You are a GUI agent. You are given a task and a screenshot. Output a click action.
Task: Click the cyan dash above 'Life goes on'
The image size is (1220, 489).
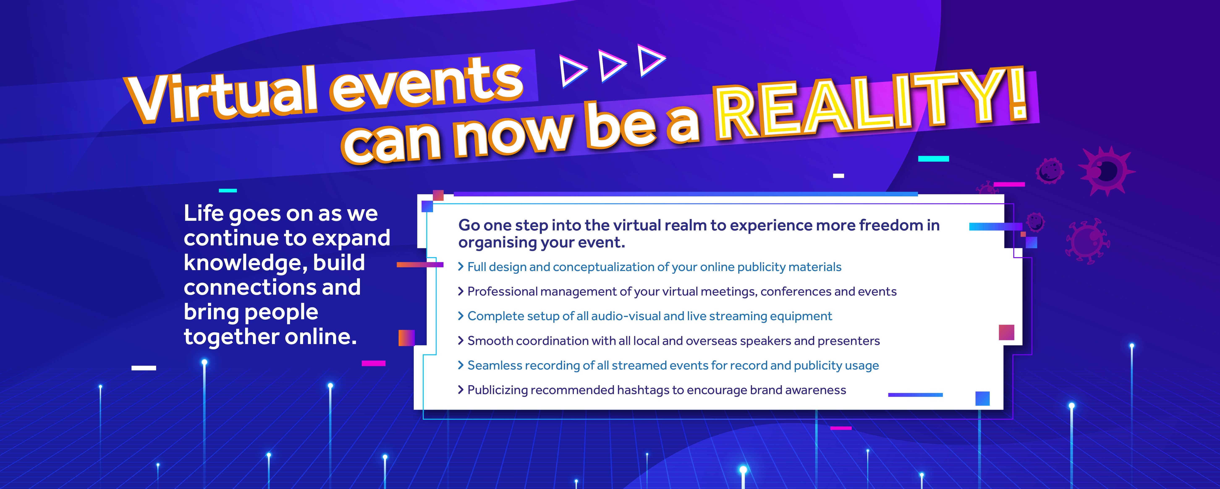pos(228,191)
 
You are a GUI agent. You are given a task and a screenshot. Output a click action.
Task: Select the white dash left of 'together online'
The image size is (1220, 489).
pos(144,368)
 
